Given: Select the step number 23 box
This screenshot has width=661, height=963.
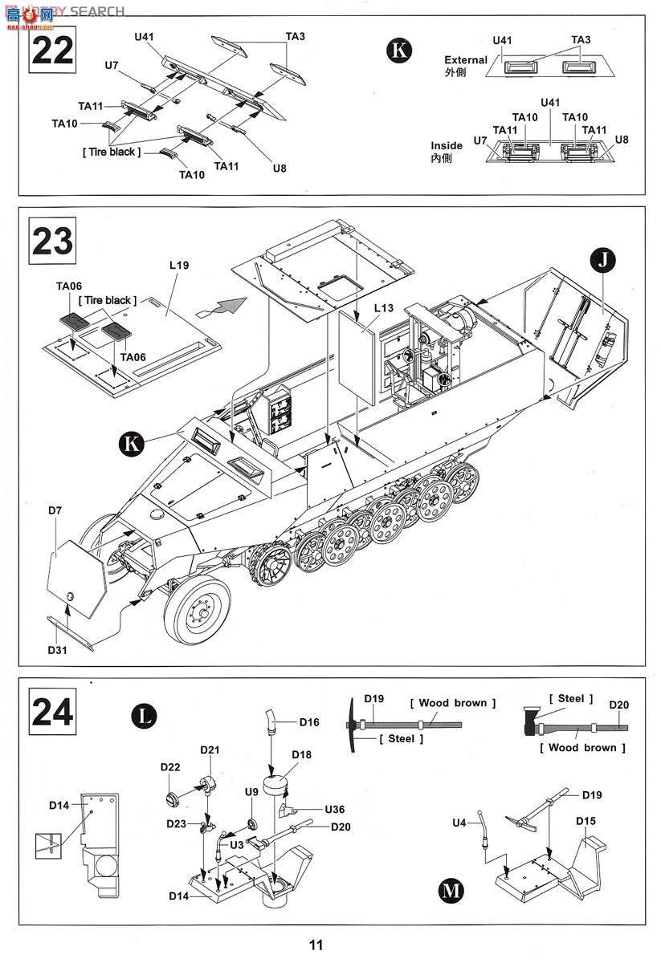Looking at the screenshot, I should click(52, 242).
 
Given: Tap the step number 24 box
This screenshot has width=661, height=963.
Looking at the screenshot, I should click(52, 712).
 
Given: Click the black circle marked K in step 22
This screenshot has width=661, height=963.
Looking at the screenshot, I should click(399, 51).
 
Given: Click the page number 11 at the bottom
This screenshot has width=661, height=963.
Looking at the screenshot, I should click(316, 945).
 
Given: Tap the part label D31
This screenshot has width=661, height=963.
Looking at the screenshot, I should click(56, 650).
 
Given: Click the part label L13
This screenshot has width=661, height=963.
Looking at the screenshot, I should click(383, 307).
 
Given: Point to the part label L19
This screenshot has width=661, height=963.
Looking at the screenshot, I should click(179, 264).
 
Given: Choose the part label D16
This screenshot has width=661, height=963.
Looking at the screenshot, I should click(309, 722).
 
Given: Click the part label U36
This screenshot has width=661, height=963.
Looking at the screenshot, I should click(334, 809).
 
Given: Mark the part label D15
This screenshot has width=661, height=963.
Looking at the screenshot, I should click(586, 820).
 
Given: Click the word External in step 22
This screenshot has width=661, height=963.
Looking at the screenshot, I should click(466, 60).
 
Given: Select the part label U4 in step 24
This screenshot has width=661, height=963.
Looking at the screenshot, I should click(459, 823).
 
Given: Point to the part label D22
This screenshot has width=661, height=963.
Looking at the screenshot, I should click(169, 767).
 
